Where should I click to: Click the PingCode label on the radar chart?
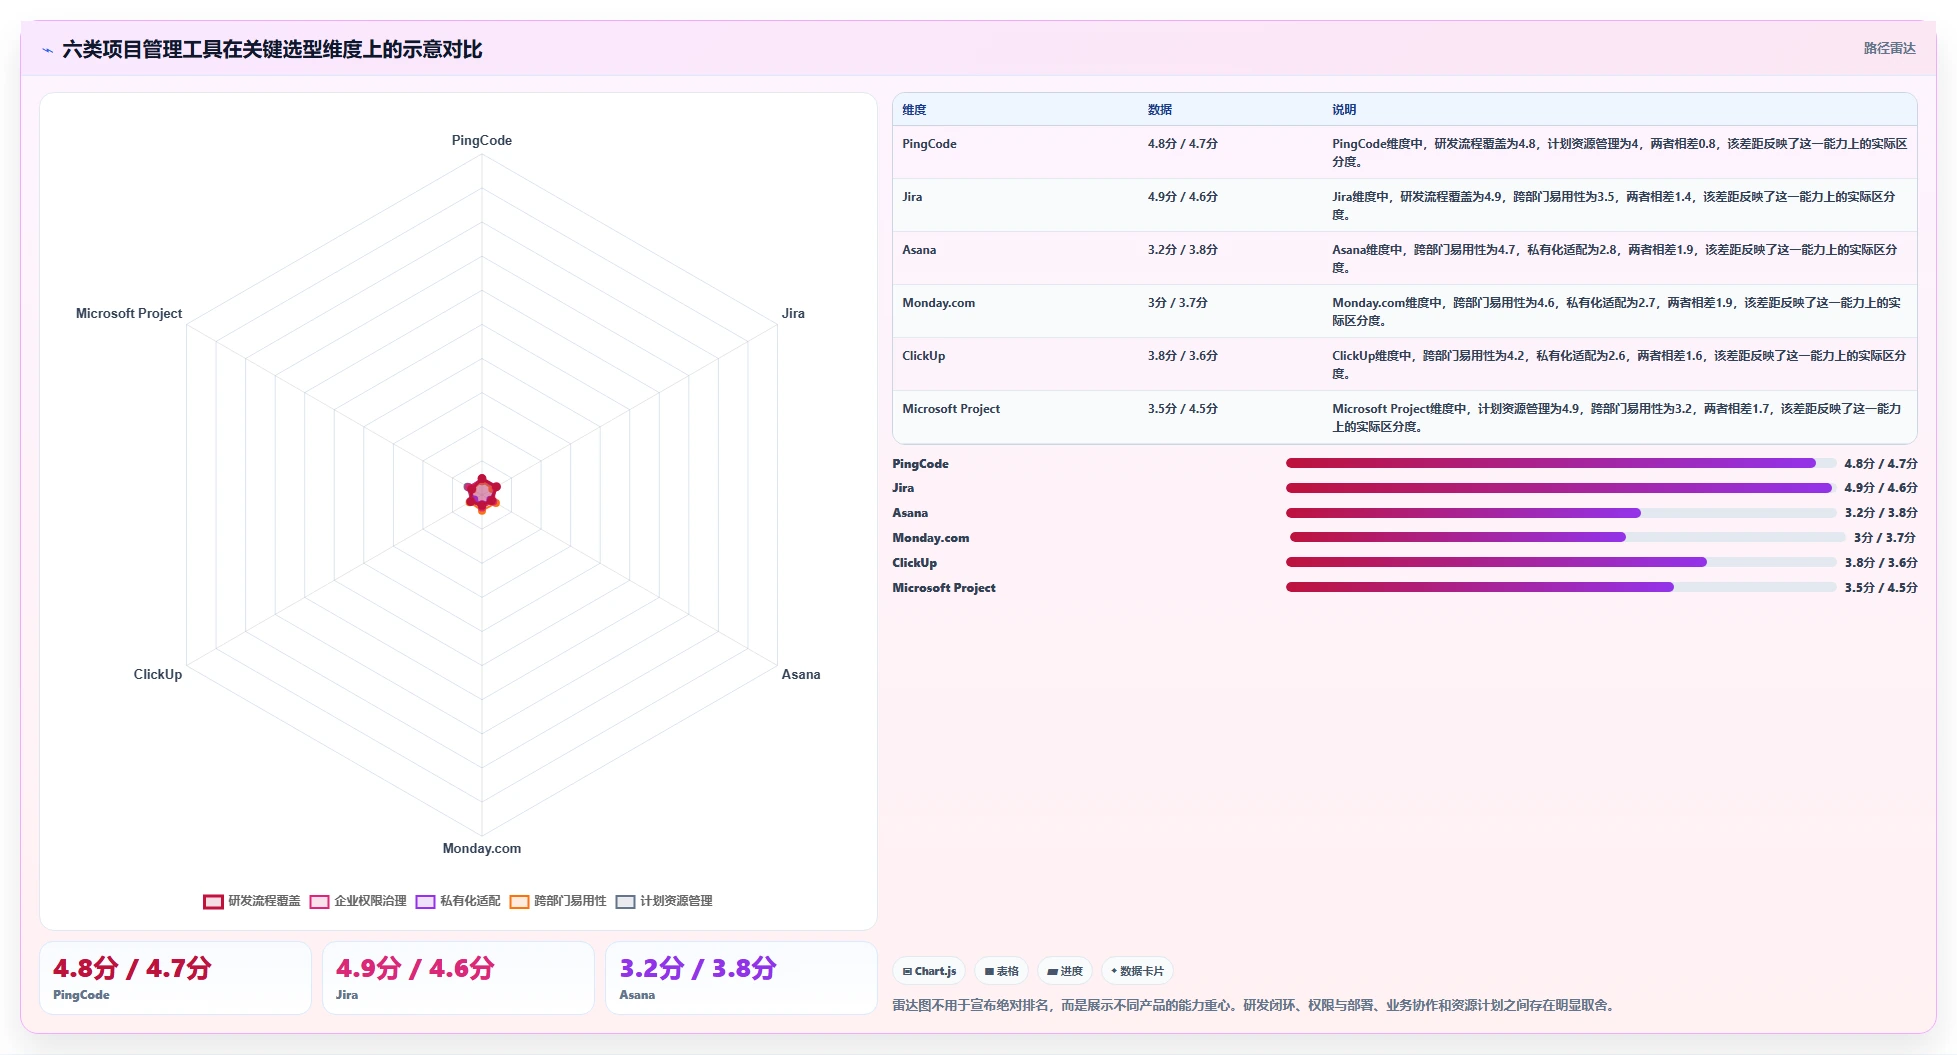(x=481, y=140)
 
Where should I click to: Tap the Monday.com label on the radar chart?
(x=481, y=848)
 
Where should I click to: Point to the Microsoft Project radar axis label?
(x=129, y=313)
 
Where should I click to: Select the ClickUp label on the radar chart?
(x=158, y=674)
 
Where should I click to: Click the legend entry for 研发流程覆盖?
(x=252, y=901)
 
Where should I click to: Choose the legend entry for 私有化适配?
(x=458, y=901)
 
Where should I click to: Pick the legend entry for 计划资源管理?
(x=664, y=901)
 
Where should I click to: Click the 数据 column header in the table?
(x=1159, y=110)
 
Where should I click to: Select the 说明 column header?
(x=1343, y=110)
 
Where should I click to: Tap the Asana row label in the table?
(x=919, y=250)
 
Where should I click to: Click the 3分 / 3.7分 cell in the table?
(x=1177, y=303)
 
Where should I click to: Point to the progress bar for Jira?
(x=1561, y=488)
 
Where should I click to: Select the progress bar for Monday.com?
(x=1567, y=537)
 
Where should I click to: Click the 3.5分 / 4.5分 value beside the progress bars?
(x=1881, y=588)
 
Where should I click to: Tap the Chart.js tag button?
(x=929, y=971)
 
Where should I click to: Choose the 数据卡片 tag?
(x=1137, y=971)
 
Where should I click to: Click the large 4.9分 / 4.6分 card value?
(x=415, y=968)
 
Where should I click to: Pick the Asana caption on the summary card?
(x=637, y=995)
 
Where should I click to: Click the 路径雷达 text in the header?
(x=1889, y=48)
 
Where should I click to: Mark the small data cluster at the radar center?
(x=482, y=493)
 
